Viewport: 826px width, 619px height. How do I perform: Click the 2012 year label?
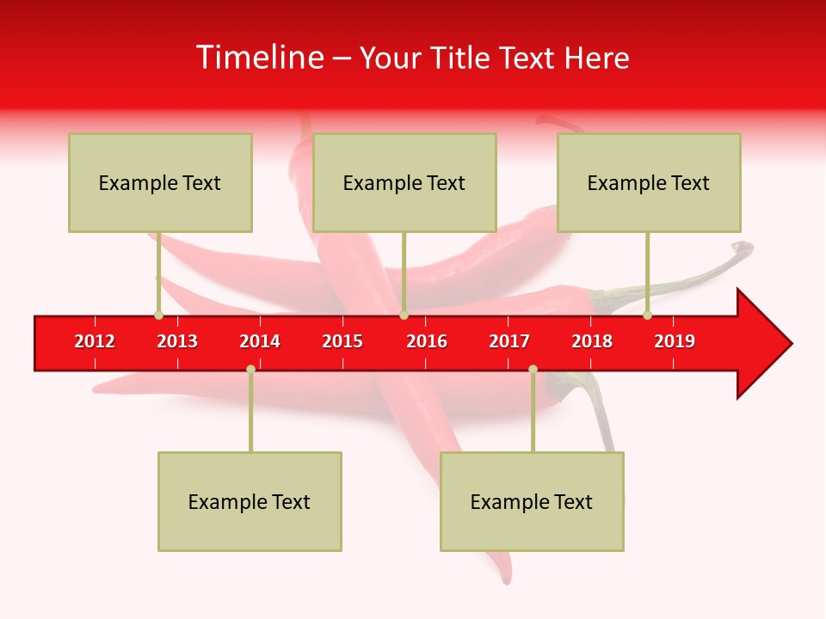[x=95, y=341]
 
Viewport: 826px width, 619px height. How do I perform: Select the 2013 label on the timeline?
[x=177, y=341]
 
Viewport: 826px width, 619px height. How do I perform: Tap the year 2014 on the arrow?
[x=260, y=341]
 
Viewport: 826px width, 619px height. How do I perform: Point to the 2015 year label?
[x=342, y=341]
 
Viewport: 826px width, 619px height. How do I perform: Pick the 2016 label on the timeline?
[x=427, y=341]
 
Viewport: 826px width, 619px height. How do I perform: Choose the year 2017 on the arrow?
[x=509, y=341]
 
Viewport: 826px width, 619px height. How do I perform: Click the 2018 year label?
[x=592, y=341]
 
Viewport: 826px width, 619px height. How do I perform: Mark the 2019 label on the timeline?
[x=675, y=341]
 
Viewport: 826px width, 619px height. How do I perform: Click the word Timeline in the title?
[x=258, y=58]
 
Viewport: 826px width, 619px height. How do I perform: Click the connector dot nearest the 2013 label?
[x=158, y=316]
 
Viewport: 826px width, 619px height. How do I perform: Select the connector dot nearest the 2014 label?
[x=250, y=369]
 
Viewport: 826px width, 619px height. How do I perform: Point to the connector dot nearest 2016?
[x=404, y=316]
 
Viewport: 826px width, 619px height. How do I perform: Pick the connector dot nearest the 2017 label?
[x=533, y=369]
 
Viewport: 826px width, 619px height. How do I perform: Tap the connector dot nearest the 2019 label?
[x=648, y=316]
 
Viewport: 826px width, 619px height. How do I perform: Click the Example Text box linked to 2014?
[x=250, y=501]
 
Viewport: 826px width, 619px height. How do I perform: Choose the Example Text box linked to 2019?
[x=649, y=182]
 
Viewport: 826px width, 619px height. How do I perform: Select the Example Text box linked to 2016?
[x=404, y=182]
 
